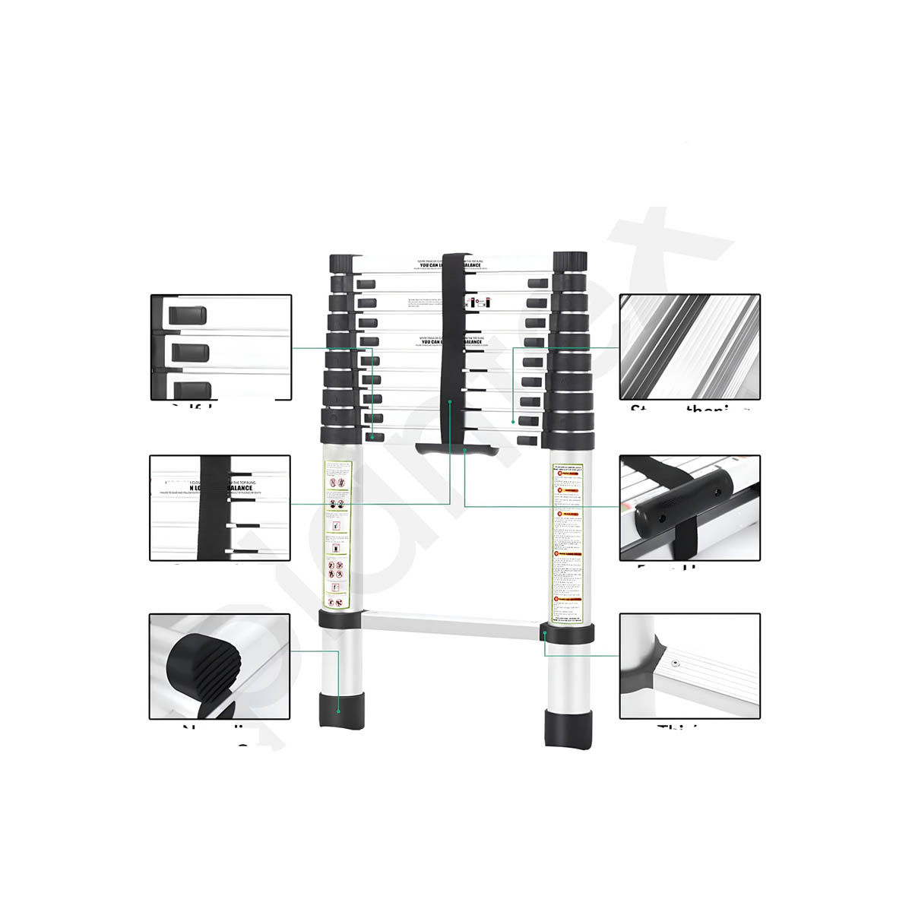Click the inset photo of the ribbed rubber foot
[x=220, y=666]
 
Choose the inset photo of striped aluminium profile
[x=689, y=347]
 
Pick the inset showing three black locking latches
[x=220, y=347]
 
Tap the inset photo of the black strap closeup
[x=220, y=508]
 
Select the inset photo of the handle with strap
[x=689, y=508]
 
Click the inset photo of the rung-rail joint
[x=689, y=666]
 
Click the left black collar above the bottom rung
[x=340, y=619]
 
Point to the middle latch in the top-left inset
[x=190, y=352]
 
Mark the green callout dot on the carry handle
[x=464, y=450]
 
